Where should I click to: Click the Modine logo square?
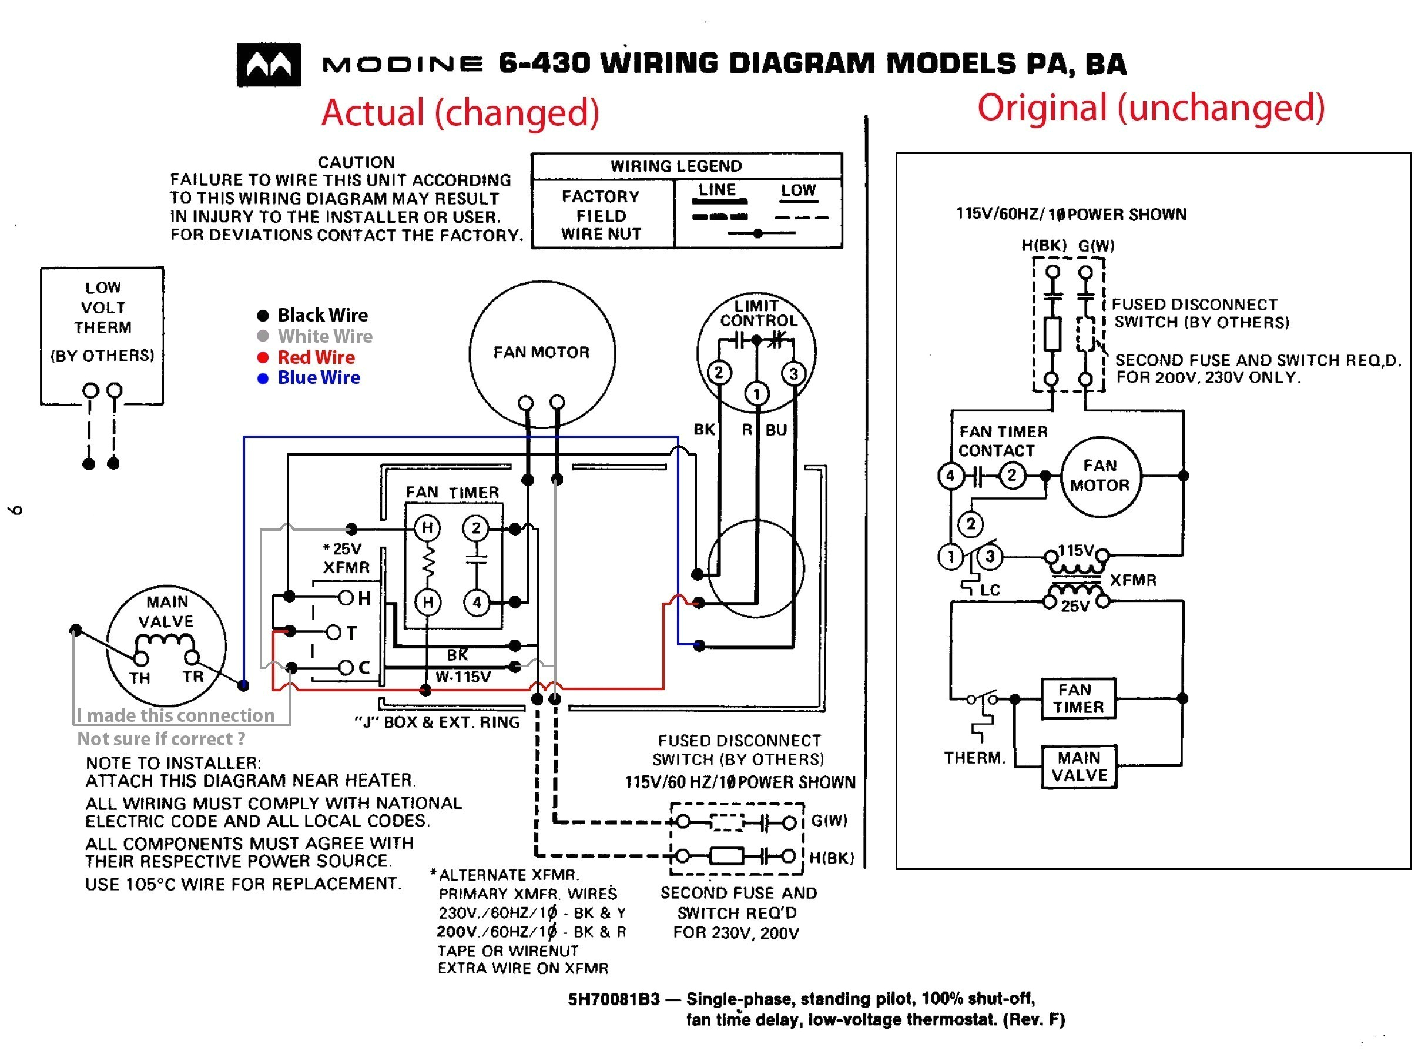[x=269, y=65]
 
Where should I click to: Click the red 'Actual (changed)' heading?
[x=460, y=112]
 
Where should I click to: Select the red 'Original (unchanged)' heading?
[x=1150, y=107]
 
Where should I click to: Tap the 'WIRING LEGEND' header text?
[x=676, y=166]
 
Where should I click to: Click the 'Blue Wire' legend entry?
[x=318, y=378]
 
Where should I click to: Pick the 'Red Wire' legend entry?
[x=316, y=357]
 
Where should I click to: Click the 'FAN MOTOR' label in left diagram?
[x=541, y=352]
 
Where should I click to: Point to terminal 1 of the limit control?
[x=756, y=394]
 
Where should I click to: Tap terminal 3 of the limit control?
[x=793, y=374]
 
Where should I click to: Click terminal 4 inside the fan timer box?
[x=477, y=602]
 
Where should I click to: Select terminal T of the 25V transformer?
[x=333, y=633]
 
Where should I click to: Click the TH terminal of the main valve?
[x=140, y=658]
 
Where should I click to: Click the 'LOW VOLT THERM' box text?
[x=103, y=308]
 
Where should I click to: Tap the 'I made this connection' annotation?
[x=176, y=715]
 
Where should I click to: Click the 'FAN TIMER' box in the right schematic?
[x=1078, y=698]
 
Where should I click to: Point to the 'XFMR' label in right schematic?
[x=1133, y=580]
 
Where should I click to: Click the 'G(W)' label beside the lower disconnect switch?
[x=829, y=820]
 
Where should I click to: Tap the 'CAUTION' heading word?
[x=357, y=162]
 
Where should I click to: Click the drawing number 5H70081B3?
[x=613, y=999]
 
